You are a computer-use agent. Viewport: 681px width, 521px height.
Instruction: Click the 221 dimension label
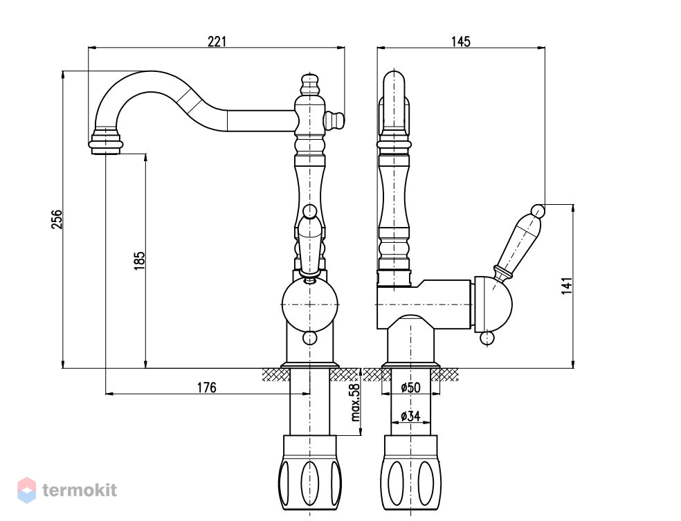(x=217, y=42)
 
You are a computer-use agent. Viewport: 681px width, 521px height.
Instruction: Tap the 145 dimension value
(x=460, y=42)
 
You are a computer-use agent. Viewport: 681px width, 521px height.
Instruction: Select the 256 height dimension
(x=57, y=219)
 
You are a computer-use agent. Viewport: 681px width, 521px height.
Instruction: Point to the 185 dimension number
(x=139, y=260)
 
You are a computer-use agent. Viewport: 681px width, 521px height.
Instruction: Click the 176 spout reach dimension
(x=207, y=387)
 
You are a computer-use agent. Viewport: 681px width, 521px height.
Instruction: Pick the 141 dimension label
(x=567, y=286)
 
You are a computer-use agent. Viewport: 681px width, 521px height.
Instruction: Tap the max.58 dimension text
(x=356, y=402)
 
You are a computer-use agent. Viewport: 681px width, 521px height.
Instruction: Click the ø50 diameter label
(x=410, y=387)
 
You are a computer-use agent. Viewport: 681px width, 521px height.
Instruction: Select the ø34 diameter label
(x=410, y=416)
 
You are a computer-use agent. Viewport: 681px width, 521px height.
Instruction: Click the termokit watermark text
(x=80, y=490)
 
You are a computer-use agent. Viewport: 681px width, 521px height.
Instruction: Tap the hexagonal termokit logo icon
(x=26, y=490)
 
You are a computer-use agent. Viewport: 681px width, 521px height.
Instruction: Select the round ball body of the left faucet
(x=309, y=304)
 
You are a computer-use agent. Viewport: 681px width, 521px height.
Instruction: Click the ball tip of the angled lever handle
(x=538, y=211)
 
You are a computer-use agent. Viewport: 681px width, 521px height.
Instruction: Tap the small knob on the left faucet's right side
(x=334, y=120)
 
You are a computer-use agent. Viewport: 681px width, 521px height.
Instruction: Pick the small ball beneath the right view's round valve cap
(x=487, y=338)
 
